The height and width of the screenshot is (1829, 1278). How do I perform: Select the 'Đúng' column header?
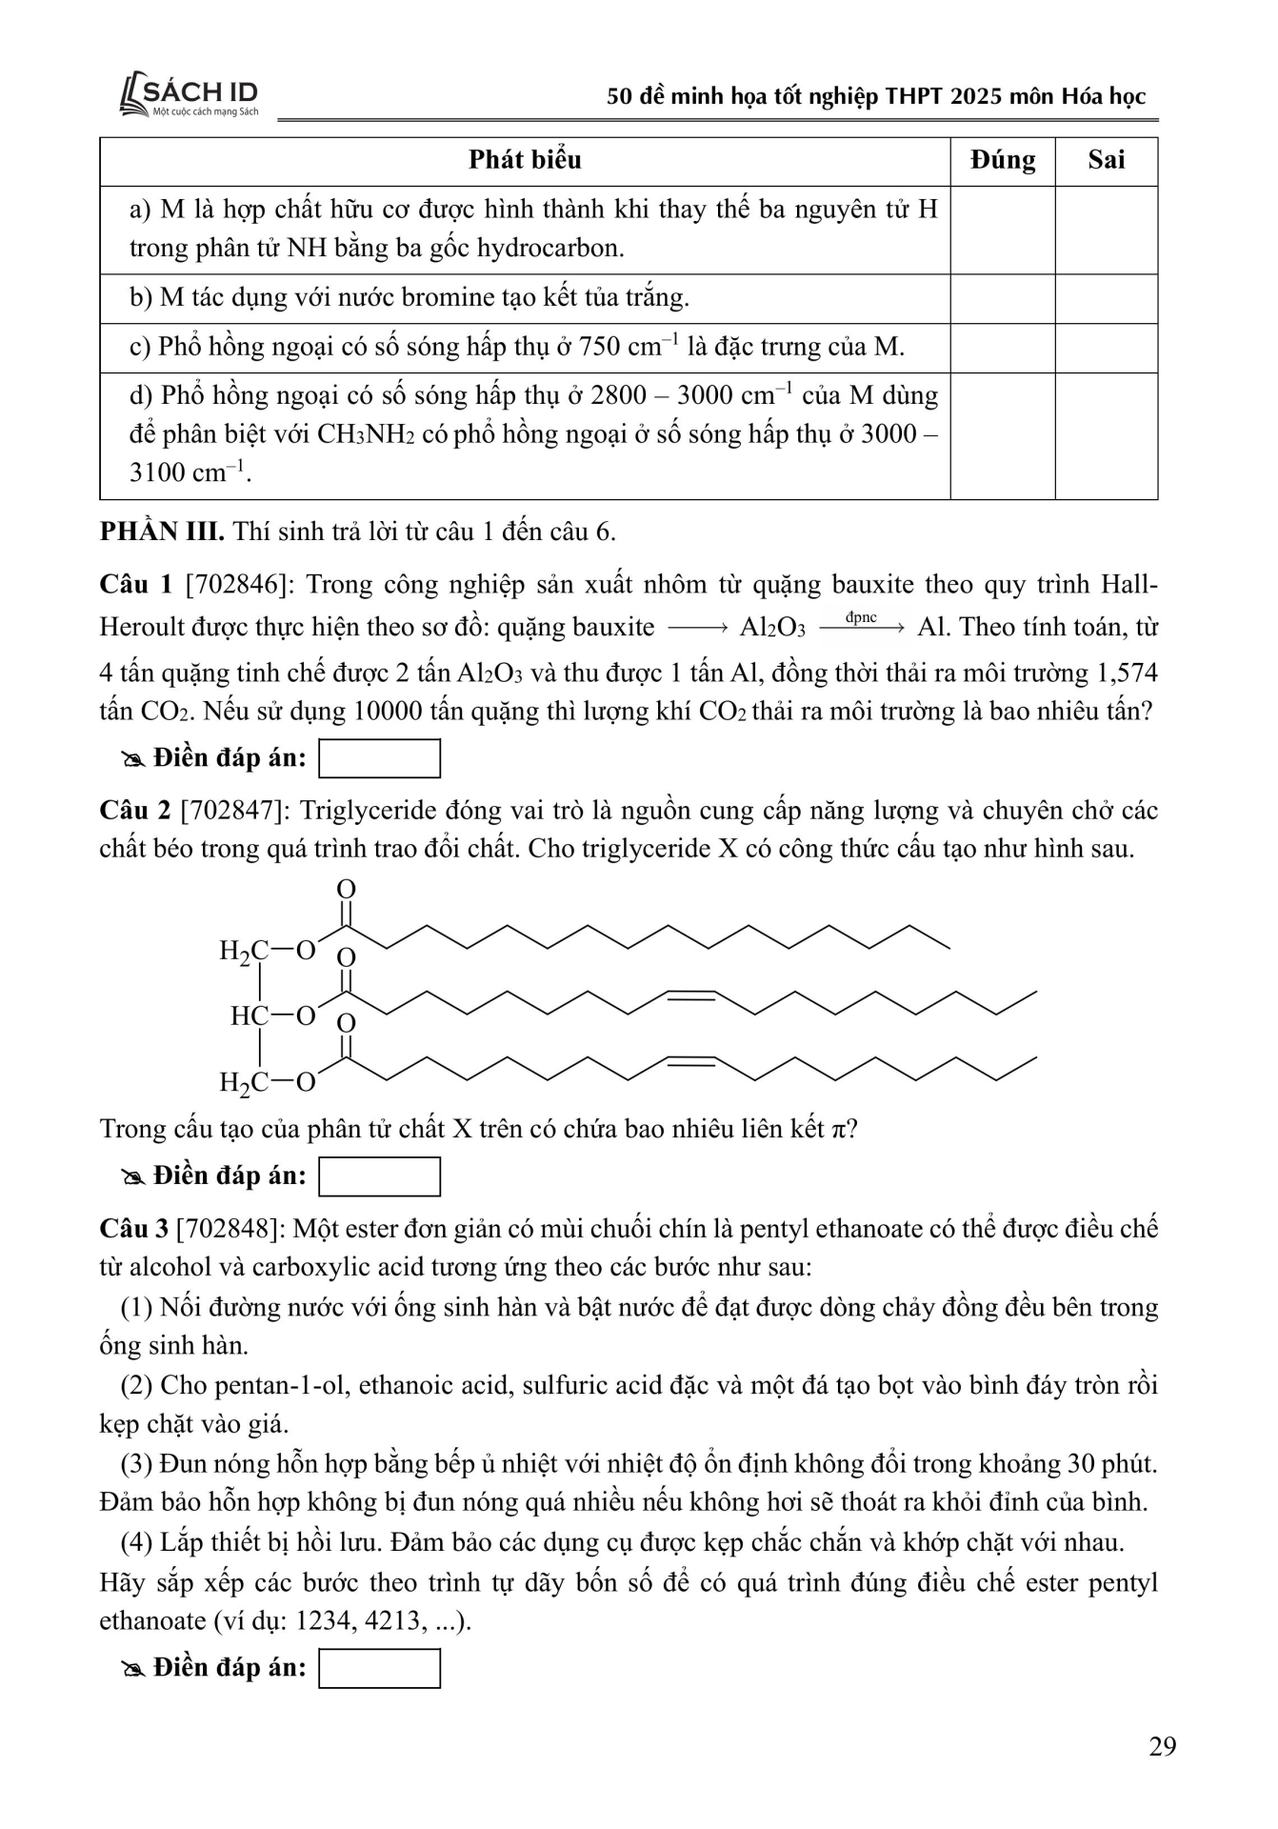click(1002, 160)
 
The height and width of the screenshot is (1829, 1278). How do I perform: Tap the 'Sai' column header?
click(1106, 160)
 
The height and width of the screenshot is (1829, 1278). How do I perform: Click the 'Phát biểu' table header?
click(525, 160)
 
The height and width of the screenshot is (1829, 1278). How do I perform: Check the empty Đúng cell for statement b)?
click(1002, 298)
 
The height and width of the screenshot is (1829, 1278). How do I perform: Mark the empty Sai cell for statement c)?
click(1106, 348)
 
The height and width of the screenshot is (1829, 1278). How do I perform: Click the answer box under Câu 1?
click(379, 758)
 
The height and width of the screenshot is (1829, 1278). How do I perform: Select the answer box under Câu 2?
click(379, 1176)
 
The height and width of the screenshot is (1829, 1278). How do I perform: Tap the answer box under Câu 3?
click(379, 1668)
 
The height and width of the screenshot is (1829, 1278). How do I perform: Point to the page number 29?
click(1163, 1746)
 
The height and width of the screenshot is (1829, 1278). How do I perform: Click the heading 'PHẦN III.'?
click(162, 531)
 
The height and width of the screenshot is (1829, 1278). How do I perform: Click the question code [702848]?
click(231, 1228)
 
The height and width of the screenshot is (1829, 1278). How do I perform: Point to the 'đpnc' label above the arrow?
click(860, 617)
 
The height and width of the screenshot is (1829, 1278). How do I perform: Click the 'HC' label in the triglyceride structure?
click(249, 1015)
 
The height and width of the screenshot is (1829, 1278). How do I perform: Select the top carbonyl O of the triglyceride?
click(347, 889)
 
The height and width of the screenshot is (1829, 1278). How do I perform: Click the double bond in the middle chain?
click(690, 995)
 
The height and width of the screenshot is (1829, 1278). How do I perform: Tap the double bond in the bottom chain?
click(690, 1060)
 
